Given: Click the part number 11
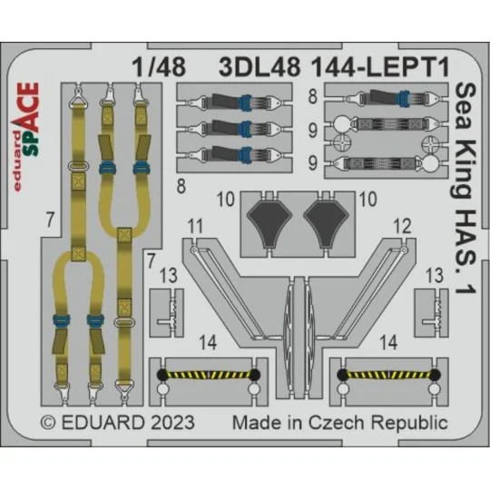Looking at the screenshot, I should [x=194, y=224].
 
